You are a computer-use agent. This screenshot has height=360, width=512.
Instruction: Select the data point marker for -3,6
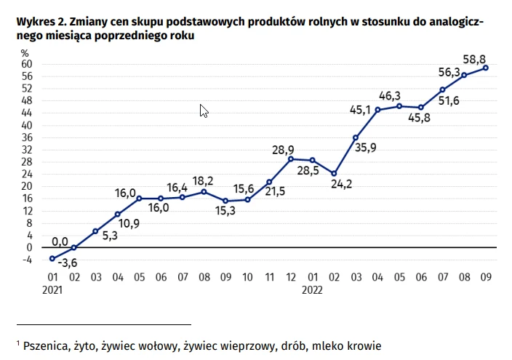coord(52,258)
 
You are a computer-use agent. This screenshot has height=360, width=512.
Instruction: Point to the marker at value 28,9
coord(290,159)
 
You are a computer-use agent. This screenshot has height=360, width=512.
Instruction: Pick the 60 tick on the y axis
coord(26,64)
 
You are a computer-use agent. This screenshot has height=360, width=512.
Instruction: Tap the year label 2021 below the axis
coord(53,289)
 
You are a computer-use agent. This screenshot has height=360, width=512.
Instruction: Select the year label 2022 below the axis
coord(312,289)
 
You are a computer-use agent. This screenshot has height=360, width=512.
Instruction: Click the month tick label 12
coord(290,276)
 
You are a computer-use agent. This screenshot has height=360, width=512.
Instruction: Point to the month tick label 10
coord(247,276)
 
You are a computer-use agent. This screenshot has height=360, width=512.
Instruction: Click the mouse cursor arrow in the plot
coord(204,111)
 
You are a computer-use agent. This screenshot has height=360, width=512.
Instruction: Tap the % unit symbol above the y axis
coord(25,52)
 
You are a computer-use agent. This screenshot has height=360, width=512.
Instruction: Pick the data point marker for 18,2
coord(204,191)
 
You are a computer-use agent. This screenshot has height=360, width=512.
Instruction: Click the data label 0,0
coord(60,241)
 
